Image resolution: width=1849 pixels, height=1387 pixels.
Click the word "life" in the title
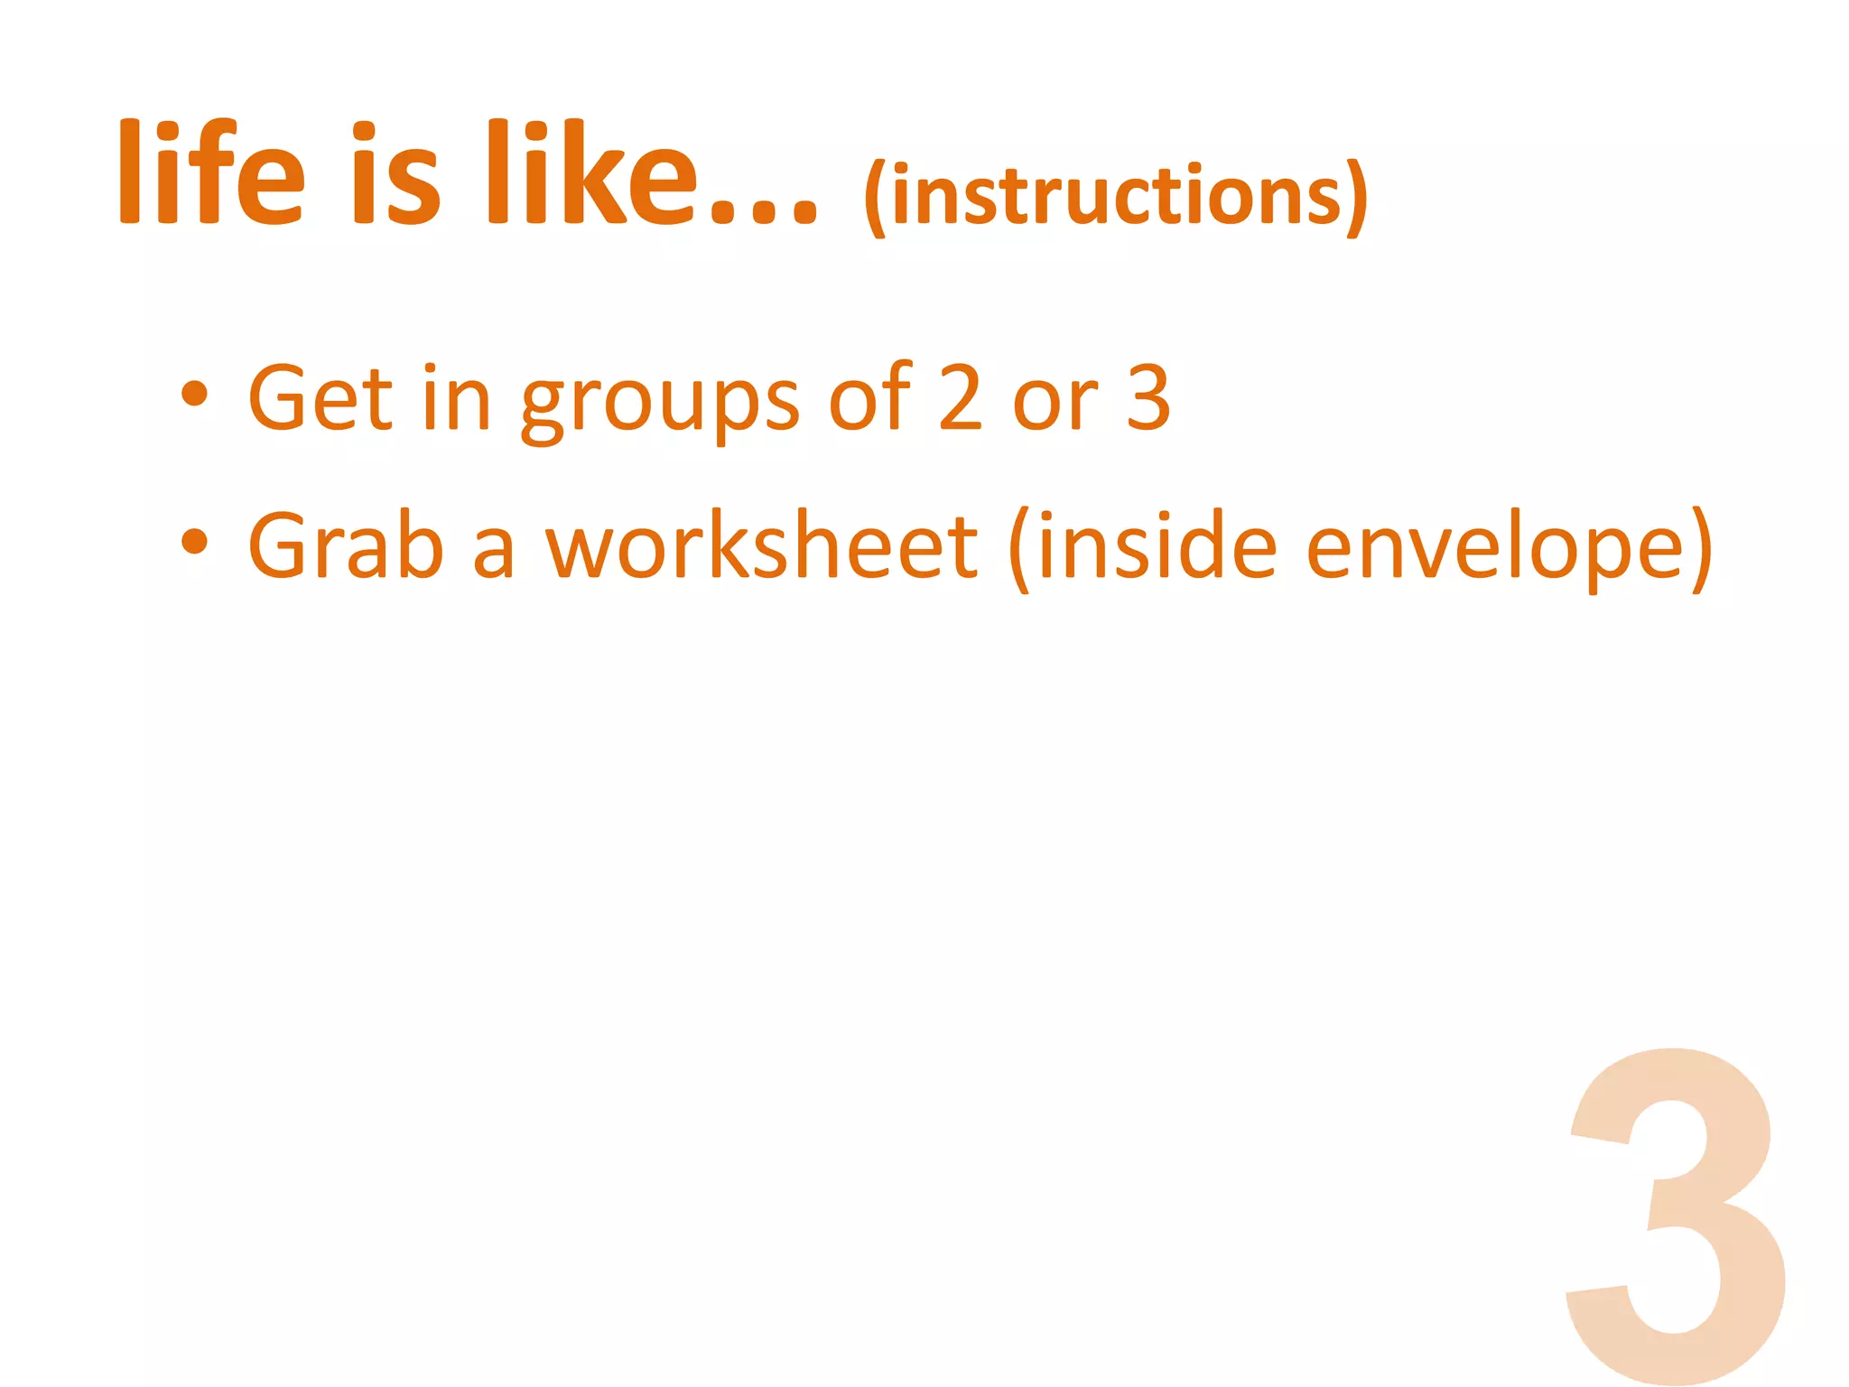pyautogui.click(x=211, y=173)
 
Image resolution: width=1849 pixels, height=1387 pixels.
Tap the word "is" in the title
pyautogui.click(x=395, y=173)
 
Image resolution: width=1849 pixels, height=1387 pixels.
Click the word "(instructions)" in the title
pyautogui.click(x=1115, y=197)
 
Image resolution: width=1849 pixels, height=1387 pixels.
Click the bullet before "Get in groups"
pyautogui.click(x=194, y=395)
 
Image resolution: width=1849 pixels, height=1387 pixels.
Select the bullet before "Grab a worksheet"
pyautogui.click(x=194, y=542)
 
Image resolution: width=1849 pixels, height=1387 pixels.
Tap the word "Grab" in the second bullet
pyautogui.click(x=346, y=545)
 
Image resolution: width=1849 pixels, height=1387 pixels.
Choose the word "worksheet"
pyautogui.click(x=761, y=545)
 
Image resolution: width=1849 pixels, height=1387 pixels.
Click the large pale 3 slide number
pyautogui.click(x=1675, y=1215)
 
